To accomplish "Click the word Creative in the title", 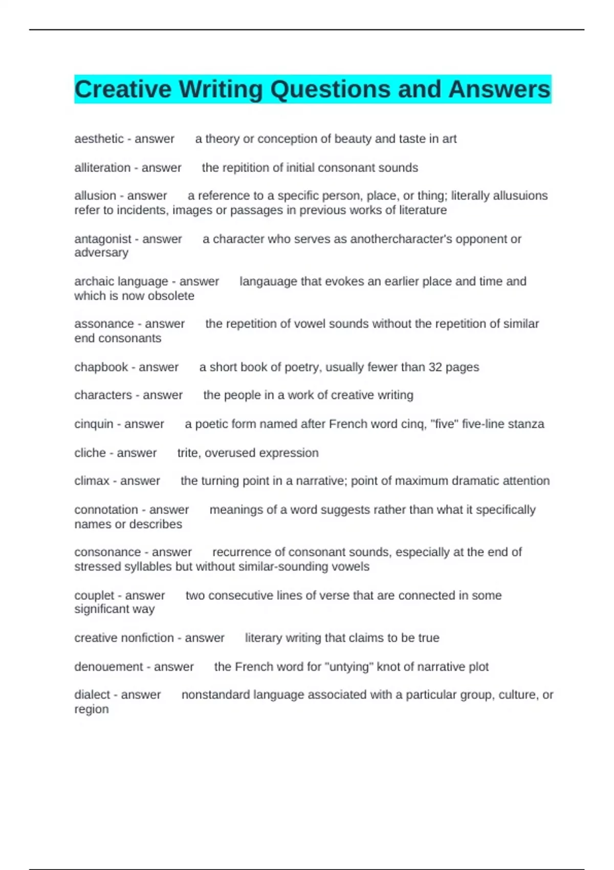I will click(123, 89).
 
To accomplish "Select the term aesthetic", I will click(99, 139).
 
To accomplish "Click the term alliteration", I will click(102, 168).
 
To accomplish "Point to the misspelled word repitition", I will click(246, 168).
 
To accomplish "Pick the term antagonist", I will click(103, 239).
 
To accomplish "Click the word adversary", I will click(101, 253).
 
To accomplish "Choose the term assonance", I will click(104, 324).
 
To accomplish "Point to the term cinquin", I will click(94, 424).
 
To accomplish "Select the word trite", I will click(187, 453).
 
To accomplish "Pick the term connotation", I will click(106, 510).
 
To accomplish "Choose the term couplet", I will click(94, 596).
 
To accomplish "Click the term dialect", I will click(92, 695).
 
